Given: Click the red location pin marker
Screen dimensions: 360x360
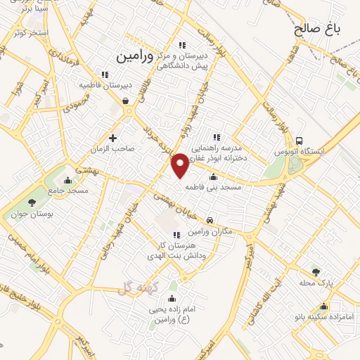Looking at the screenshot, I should point(181,165).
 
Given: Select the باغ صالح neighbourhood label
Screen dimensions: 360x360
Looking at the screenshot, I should point(317,29).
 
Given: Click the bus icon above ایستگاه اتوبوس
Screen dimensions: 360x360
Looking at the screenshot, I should point(300,141).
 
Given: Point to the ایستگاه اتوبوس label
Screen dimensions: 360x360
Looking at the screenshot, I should point(302,151).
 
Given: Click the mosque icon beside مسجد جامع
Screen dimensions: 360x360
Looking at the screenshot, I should point(67,180).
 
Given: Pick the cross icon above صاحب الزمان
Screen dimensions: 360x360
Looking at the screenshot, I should point(112,137).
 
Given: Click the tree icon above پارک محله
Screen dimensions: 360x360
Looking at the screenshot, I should point(315,271).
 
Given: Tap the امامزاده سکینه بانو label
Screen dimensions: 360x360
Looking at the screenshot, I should point(323,316).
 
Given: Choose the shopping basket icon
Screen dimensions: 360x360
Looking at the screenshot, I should point(125,101).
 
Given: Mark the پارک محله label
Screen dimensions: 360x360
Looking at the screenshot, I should point(315,282).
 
